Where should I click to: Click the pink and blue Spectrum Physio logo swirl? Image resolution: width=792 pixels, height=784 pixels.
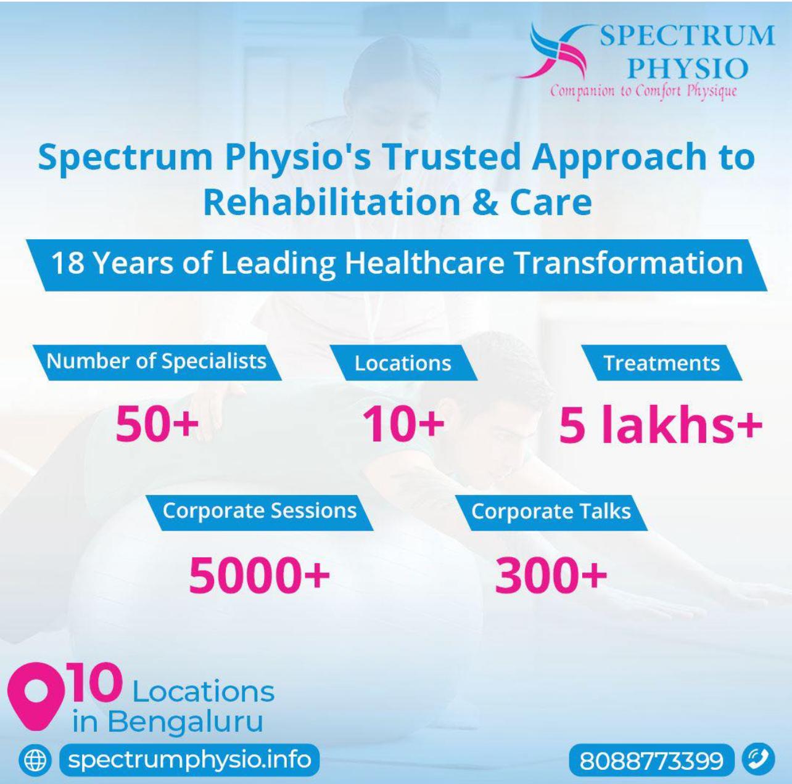point(553,51)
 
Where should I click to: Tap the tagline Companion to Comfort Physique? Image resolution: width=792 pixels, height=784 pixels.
point(644,91)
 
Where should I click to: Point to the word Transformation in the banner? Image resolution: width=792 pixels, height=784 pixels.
point(629,263)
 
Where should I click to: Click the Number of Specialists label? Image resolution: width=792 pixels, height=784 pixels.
point(157,362)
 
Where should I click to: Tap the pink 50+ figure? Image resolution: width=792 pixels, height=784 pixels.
point(157,423)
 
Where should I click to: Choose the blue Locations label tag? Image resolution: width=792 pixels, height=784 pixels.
point(403,363)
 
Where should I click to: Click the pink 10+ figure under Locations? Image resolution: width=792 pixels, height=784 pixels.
point(403,424)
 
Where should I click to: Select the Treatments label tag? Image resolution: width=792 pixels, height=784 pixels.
point(661,363)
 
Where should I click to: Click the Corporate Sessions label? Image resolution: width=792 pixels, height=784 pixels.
point(259,512)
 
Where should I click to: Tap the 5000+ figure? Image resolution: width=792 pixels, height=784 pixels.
point(259,574)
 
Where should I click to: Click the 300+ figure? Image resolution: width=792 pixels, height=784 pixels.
point(551,574)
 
